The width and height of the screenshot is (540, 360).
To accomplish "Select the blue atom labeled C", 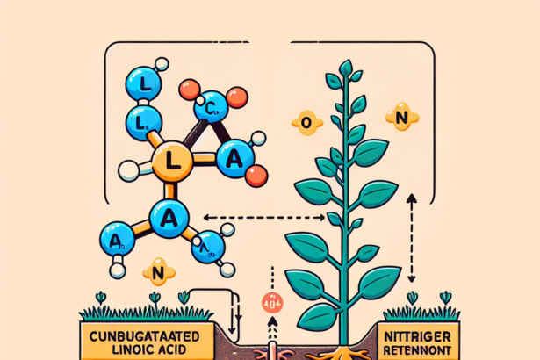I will (x=210, y=108).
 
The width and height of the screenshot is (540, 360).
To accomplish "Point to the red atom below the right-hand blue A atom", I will (x=255, y=175).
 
